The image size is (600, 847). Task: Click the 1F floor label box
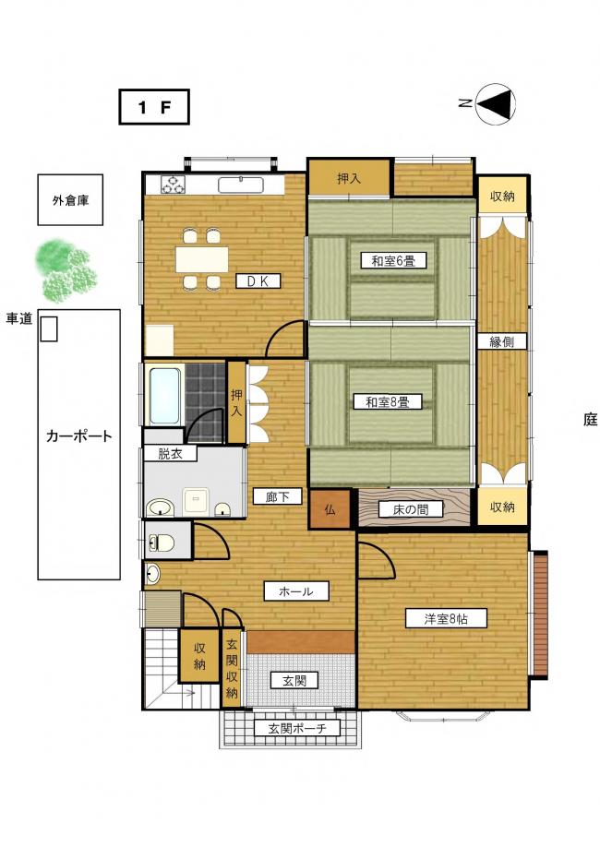pos(154,107)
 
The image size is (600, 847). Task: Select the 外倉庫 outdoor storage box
pos(70,200)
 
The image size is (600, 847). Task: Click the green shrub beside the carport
pos(66,271)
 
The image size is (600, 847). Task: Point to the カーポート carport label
pos(78,435)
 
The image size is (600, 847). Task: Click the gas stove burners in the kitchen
pos(174,185)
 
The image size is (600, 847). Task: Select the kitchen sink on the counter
pos(241,185)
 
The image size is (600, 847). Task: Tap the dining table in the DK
pos(201,259)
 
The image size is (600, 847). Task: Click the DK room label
pos(258,280)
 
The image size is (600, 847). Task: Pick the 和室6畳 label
pos(393,261)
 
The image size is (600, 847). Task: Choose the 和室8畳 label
pos(387,402)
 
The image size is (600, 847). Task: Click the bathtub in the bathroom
pos(165,396)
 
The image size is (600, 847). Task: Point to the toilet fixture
pos(162,543)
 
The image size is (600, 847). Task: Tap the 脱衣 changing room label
pos(170,453)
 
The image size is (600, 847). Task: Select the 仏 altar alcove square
pos(330,508)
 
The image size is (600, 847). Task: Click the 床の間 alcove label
pos(411,509)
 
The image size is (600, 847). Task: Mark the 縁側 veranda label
pos(501,341)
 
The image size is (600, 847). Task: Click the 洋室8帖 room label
pos(446,618)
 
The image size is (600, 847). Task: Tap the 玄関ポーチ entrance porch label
pos(297,728)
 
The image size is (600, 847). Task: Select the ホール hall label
pos(296,591)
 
